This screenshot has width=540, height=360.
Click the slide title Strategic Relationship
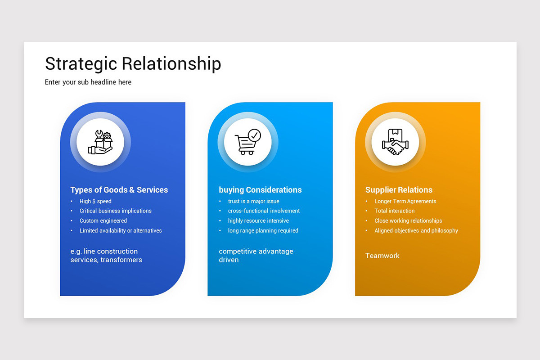click(133, 63)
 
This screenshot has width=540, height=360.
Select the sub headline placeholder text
click(88, 82)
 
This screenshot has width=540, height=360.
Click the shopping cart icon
click(247, 142)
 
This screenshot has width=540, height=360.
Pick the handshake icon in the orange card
click(395, 142)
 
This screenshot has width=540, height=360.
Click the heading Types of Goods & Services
click(119, 190)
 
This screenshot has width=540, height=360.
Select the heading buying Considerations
click(260, 190)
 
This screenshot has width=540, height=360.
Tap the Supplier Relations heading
click(399, 190)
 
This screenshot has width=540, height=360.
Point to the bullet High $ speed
click(95, 201)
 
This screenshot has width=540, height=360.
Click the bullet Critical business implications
click(115, 211)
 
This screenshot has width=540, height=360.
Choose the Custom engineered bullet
click(103, 220)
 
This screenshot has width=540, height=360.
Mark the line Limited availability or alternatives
click(121, 230)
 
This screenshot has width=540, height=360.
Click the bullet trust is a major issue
click(253, 201)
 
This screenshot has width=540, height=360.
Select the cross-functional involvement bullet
click(264, 211)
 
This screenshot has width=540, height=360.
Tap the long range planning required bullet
click(263, 230)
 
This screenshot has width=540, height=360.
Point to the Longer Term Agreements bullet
click(405, 201)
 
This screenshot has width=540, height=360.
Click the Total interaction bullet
click(394, 211)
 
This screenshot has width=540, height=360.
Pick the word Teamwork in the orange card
click(382, 256)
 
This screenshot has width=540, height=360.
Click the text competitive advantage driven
click(256, 255)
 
